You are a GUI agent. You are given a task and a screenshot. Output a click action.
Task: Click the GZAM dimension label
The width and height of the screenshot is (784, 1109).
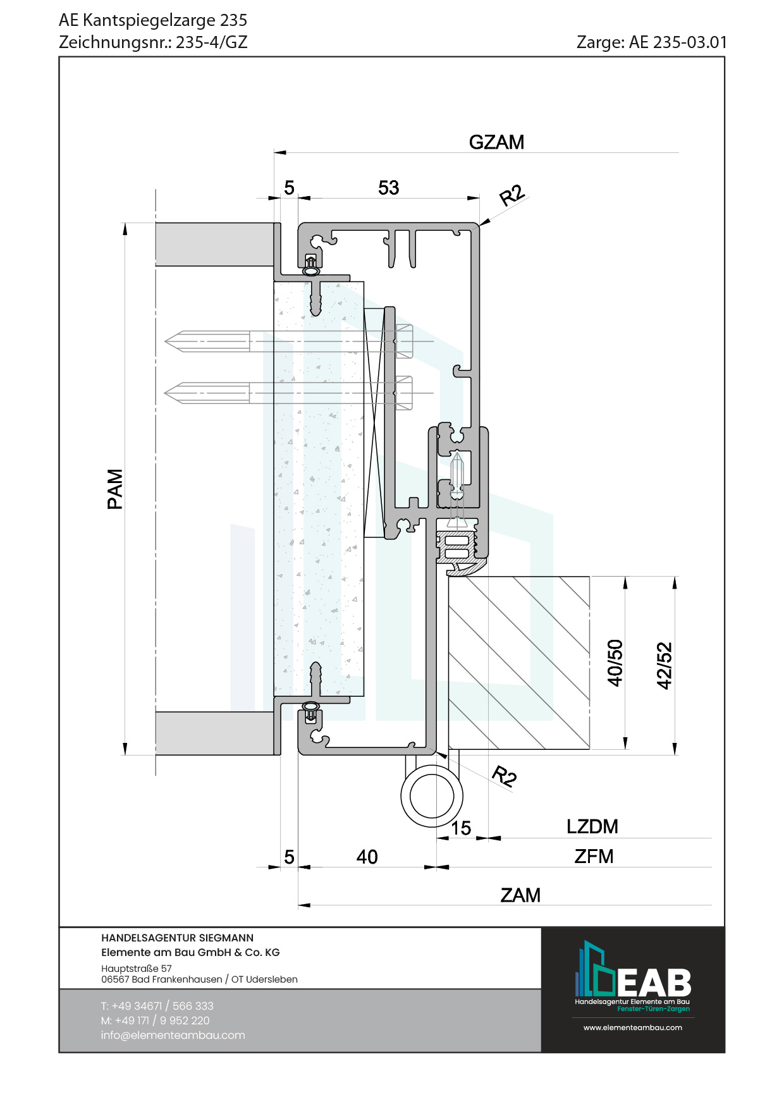(x=496, y=142)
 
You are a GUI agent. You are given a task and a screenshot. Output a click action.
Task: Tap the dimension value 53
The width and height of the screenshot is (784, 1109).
(x=388, y=188)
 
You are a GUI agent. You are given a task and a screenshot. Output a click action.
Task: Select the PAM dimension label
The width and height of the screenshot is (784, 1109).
(x=115, y=489)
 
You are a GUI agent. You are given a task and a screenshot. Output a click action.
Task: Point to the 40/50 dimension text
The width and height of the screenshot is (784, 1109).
(x=615, y=663)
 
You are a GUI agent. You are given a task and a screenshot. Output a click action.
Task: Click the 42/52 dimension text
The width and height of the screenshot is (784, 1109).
(x=665, y=665)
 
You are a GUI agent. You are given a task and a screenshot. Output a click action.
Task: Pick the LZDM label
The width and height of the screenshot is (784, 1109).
(x=592, y=826)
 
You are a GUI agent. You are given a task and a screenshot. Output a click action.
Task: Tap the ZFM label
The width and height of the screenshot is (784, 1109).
(x=594, y=856)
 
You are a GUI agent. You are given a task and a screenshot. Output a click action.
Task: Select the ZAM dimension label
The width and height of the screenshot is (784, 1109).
(x=520, y=895)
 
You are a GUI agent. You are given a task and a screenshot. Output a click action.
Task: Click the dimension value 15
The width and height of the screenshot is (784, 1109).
(x=461, y=828)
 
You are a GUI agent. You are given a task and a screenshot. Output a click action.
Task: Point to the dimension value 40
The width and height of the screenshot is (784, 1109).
(x=367, y=857)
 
